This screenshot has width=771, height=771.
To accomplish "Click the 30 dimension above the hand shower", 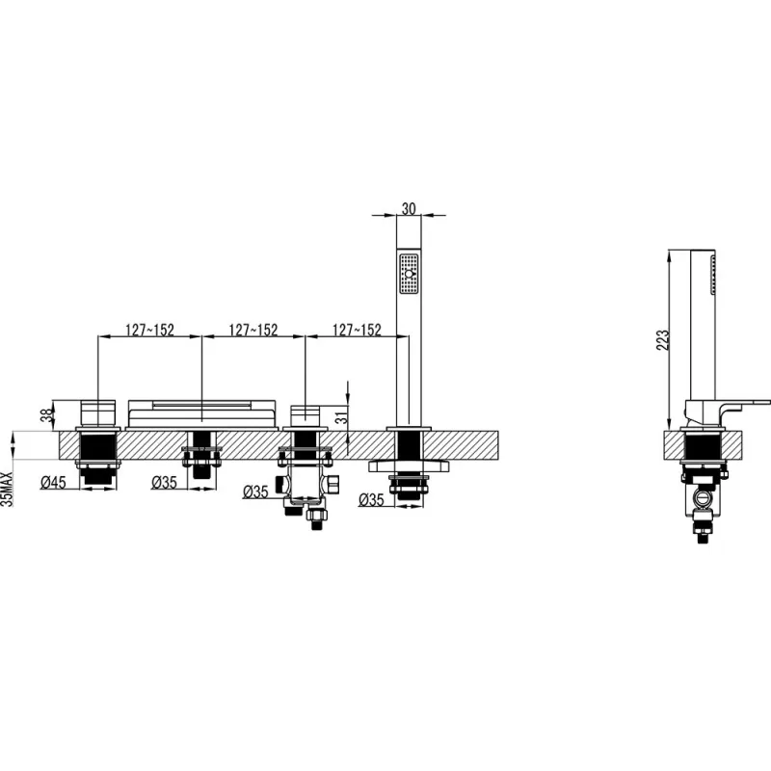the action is (x=409, y=209).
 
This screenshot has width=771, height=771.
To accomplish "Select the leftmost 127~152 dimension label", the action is (x=150, y=330).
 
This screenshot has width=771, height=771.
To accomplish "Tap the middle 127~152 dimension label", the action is (x=253, y=330).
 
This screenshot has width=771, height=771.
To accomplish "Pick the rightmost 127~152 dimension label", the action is (x=357, y=330).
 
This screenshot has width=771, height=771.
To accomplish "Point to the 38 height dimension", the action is (x=46, y=416).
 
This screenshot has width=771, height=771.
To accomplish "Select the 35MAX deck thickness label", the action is (x=7, y=489).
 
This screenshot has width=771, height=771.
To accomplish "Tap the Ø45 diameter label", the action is (x=53, y=483).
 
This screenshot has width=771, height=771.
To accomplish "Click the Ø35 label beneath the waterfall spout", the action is (x=164, y=483).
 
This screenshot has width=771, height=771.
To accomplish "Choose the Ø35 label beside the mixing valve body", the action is (x=255, y=492).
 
